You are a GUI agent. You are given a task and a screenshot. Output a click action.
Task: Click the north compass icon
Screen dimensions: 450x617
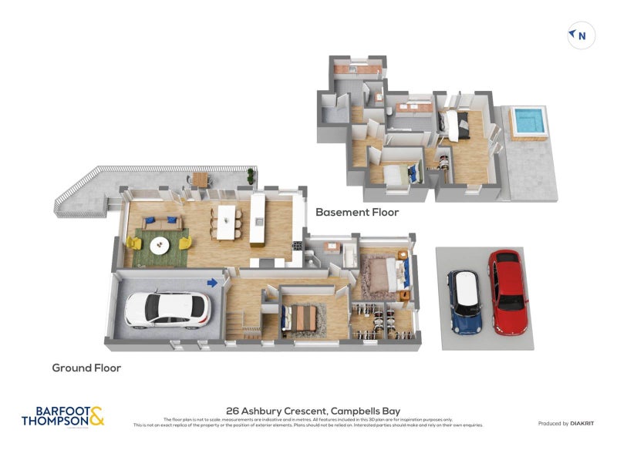coord(581,35)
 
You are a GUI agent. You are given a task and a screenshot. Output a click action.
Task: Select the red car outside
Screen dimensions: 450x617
coord(508,291)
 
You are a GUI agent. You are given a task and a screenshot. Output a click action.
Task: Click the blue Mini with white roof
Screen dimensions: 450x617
coord(466,302)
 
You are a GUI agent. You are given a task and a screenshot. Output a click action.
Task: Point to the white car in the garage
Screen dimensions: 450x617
coord(167,308)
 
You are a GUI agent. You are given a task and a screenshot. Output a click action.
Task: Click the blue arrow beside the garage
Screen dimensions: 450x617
coord(213,283)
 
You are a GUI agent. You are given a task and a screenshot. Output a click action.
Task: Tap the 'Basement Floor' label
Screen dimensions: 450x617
coord(357,212)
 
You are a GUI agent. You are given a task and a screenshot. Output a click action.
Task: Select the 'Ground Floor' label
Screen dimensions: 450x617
coord(86,368)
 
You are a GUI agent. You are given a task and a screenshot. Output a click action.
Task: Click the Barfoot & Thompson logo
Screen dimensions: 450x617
coord(62,417)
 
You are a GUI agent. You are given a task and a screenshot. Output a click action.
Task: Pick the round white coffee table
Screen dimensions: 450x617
coord(160,245)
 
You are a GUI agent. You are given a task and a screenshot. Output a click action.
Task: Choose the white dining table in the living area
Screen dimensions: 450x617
coord(226,221)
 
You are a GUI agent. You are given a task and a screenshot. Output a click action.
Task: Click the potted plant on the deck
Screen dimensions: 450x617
coord(251,176)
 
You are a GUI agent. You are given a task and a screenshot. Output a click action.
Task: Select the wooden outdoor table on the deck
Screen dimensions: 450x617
coord(201,179)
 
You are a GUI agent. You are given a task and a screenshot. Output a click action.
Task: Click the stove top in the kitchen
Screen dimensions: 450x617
coord(297,246)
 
